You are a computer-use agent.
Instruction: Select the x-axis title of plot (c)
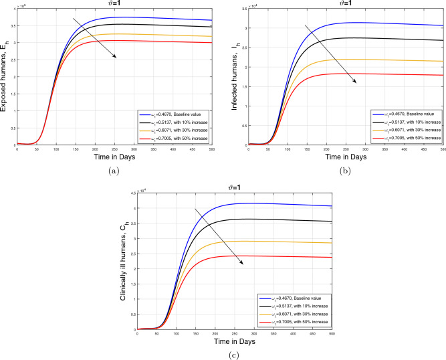pos(227,341)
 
